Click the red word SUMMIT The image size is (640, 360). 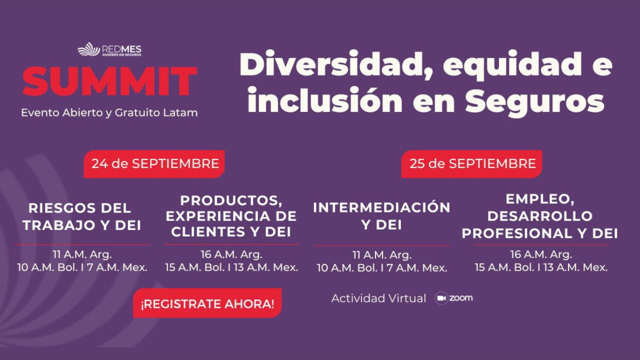(110, 81)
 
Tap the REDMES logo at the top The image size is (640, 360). (109, 49)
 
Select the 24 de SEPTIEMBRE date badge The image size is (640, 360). (154, 164)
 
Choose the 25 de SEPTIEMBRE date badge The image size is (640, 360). (471, 164)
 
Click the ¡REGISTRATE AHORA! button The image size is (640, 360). (207, 303)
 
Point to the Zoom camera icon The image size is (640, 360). (441, 298)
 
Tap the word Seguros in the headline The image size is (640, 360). (534, 102)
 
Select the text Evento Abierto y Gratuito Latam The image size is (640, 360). (109, 113)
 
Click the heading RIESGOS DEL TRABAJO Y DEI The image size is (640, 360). (81, 216)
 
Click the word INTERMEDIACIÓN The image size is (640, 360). (381, 207)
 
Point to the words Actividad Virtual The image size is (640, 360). (378, 298)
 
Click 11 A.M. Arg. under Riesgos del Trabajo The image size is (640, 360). (82, 254)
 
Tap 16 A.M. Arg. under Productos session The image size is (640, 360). (231, 254)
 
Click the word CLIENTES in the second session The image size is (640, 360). (207, 231)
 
